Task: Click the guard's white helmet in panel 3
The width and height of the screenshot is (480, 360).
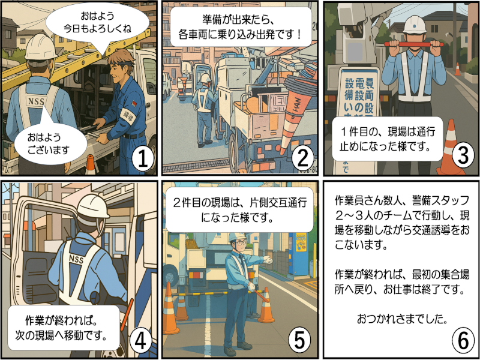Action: tap(414, 24)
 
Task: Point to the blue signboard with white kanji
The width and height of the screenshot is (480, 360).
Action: tap(359, 96)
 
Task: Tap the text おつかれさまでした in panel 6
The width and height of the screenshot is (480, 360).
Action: tap(401, 318)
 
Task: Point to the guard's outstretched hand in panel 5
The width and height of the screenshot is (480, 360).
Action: tap(269, 260)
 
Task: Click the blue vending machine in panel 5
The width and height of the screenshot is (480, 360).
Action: tap(298, 252)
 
